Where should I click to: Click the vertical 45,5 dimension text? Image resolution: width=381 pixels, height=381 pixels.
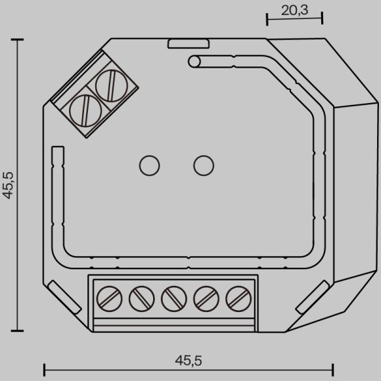(9, 185)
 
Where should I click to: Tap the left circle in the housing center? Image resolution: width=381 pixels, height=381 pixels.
(149, 165)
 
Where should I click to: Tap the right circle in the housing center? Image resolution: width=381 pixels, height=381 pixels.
(204, 165)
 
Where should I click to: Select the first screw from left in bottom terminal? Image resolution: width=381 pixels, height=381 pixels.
(109, 300)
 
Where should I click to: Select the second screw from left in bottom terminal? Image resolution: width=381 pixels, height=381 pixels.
(141, 300)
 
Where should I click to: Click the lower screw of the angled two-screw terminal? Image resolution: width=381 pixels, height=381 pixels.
(81, 109)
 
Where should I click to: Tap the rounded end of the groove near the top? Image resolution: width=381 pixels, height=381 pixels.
(194, 62)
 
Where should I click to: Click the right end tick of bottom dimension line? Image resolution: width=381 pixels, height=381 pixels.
(333, 368)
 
